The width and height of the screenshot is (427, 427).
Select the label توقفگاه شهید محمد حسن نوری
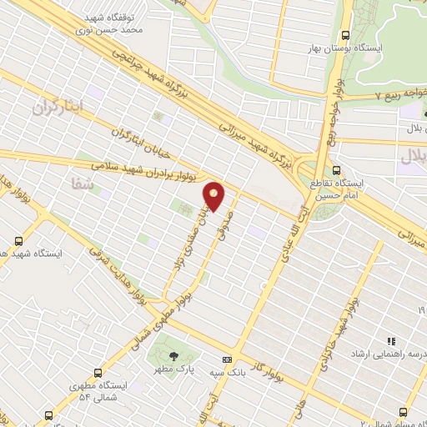click(x=116, y=23)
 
